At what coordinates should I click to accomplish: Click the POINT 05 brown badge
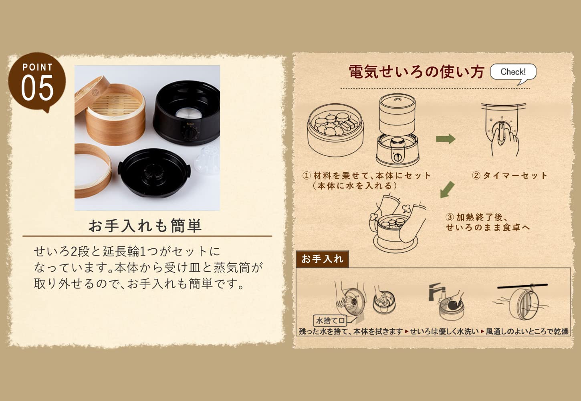pyautogui.click(x=37, y=82)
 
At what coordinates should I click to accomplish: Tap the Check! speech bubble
pyautogui.click(x=513, y=72)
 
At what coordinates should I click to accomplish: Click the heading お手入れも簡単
pyautogui.click(x=145, y=226)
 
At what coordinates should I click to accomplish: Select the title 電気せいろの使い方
pyautogui.click(x=417, y=72)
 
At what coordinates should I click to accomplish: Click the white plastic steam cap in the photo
pyautogui.click(x=208, y=159)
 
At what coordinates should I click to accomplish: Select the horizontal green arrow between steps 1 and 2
pyautogui.click(x=446, y=139)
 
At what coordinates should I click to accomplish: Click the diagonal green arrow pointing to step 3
pyautogui.click(x=448, y=189)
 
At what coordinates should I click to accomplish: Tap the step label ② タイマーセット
pyautogui.click(x=509, y=175)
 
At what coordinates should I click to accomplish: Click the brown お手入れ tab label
pyautogui.click(x=322, y=259)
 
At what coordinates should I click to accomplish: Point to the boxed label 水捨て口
pyautogui.click(x=330, y=320)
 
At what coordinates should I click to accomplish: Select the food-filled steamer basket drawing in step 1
pyautogui.click(x=335, y=130)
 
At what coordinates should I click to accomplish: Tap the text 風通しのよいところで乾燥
pyautogui.click(x=527, y=331)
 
